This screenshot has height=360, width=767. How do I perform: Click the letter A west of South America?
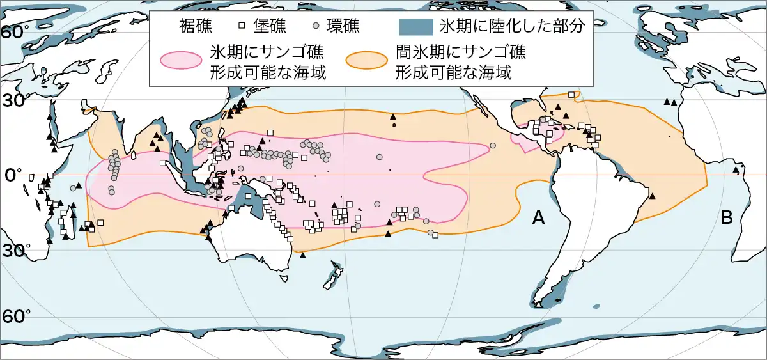click(x=538, y=219)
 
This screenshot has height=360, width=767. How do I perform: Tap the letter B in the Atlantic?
click(x=727, y=217)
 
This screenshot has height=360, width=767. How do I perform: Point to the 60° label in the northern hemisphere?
click(x=13, y=33)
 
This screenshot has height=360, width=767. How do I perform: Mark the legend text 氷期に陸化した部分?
click(x=509, y=27)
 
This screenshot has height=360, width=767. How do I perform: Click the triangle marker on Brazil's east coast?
click(x=653, y=195)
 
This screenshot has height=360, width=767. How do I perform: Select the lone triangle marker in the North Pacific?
click(x=393, y=116)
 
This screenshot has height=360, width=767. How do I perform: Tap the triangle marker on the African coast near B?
click(x=736, y=170)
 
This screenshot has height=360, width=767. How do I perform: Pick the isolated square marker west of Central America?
click(x=493, y=145)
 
